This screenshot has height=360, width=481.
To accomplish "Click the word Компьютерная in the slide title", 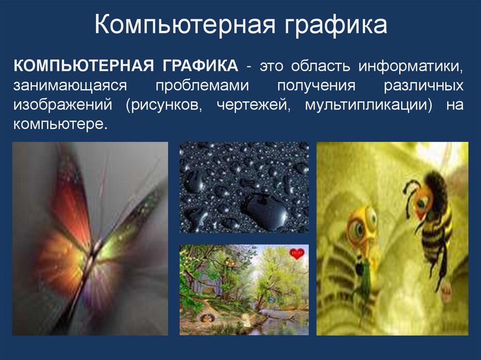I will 184,26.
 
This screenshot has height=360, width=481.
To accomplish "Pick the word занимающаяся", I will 70,86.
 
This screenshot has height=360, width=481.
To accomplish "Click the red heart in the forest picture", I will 297,254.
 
